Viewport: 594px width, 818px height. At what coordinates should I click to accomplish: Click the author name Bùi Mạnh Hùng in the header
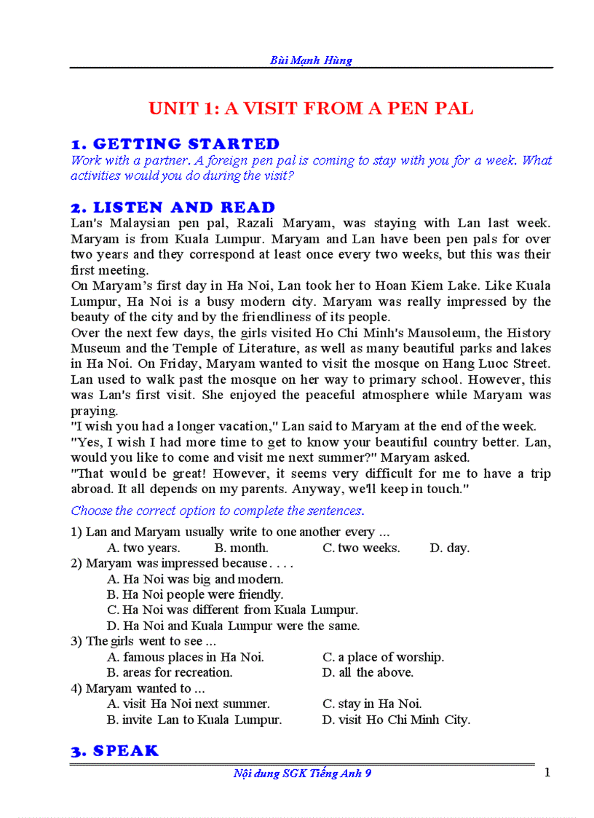point(311,60)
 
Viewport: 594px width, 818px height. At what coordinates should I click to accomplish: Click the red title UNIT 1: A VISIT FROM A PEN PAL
point(311,109)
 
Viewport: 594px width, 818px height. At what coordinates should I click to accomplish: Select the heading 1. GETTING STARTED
point(175,144)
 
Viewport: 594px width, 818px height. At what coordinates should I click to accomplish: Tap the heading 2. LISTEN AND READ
point(173,208)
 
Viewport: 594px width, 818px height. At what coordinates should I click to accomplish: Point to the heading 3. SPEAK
point(114,751)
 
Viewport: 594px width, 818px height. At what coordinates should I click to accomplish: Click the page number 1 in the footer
point(547,772)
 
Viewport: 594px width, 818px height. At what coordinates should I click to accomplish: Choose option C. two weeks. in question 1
point(361,548)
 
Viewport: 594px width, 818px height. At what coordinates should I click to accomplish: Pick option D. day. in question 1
point(449,548)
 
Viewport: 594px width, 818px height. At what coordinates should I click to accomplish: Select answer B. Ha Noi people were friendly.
point(195,594)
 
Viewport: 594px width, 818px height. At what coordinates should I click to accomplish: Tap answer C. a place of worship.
point(383,657)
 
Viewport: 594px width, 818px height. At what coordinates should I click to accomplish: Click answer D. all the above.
point(368,672)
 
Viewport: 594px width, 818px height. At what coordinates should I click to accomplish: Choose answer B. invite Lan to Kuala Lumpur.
point(194,720)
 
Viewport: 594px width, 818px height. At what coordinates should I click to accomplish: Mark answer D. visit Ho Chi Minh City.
point(396,720)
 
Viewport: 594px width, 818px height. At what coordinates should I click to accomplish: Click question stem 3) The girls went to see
point(143,641)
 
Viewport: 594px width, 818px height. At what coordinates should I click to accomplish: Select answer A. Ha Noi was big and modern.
point(195,579)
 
